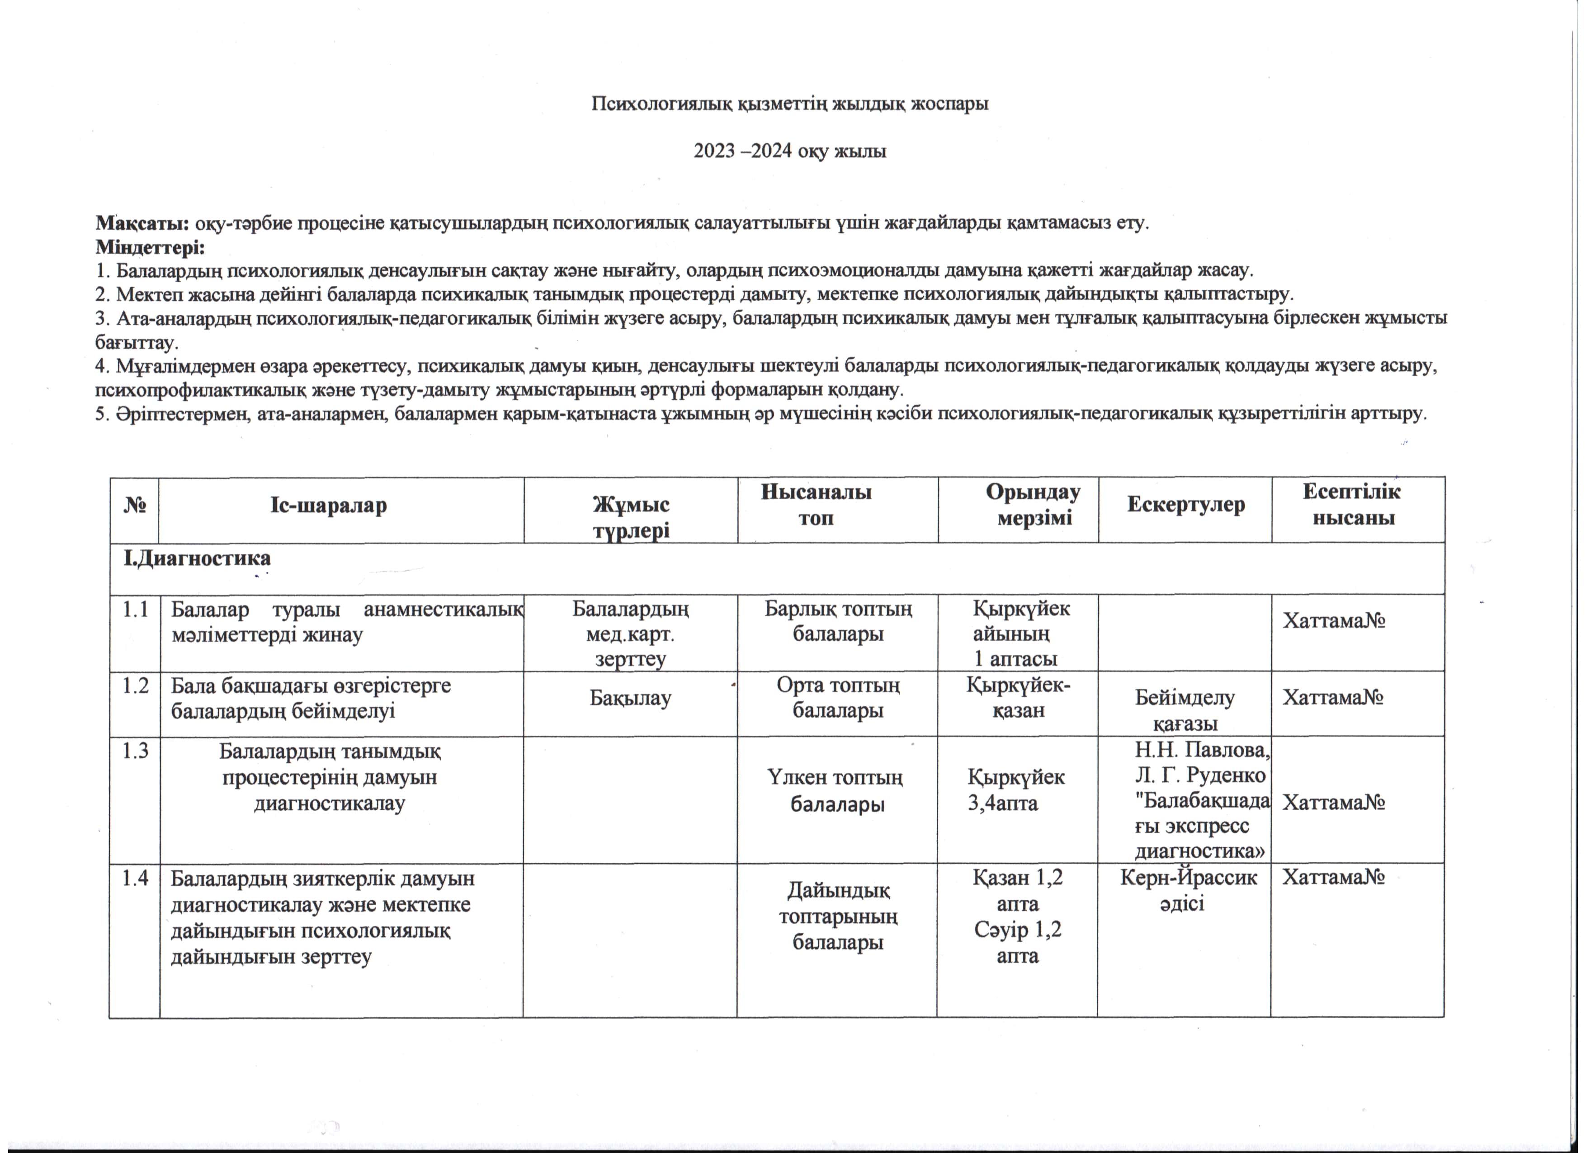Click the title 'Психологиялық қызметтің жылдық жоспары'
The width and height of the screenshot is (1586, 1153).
pos(790,104)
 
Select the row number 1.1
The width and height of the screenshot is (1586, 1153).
pos(134,610)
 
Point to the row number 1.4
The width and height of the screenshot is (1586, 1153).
pos(134,878)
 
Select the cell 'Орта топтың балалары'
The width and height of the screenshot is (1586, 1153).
pos(838,698)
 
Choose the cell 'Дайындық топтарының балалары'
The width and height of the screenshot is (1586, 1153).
pos(838,917)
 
